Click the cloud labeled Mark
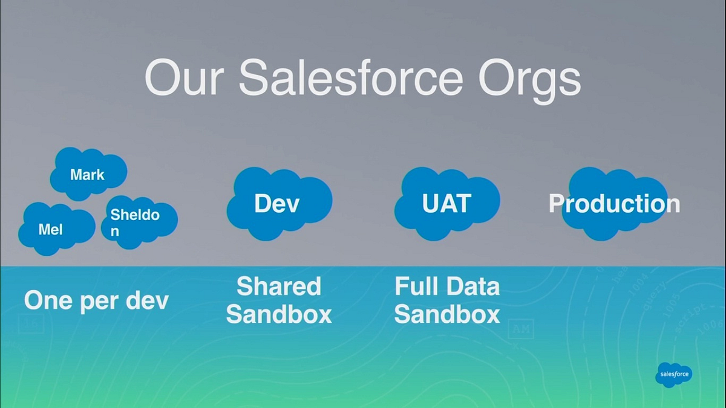88,174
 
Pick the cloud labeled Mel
54,228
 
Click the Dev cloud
278,203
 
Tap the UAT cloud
446,203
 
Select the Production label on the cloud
614,204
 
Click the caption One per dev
96,300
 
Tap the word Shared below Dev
279,286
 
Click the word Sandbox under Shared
279,314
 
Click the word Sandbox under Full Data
447,314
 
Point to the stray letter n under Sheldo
115,232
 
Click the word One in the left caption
47,300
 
